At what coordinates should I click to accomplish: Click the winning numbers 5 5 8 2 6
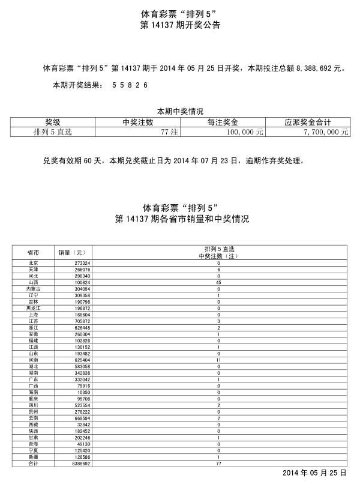(130, 86)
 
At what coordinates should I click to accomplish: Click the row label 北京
(33, 263)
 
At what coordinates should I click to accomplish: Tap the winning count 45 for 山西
(219, 282)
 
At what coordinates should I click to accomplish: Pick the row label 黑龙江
(33, 309)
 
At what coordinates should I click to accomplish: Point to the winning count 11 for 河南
(219, 360)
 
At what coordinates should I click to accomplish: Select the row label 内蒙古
(33, 289)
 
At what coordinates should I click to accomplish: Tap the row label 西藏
(33, 425)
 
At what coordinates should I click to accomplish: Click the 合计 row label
(33, 464)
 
